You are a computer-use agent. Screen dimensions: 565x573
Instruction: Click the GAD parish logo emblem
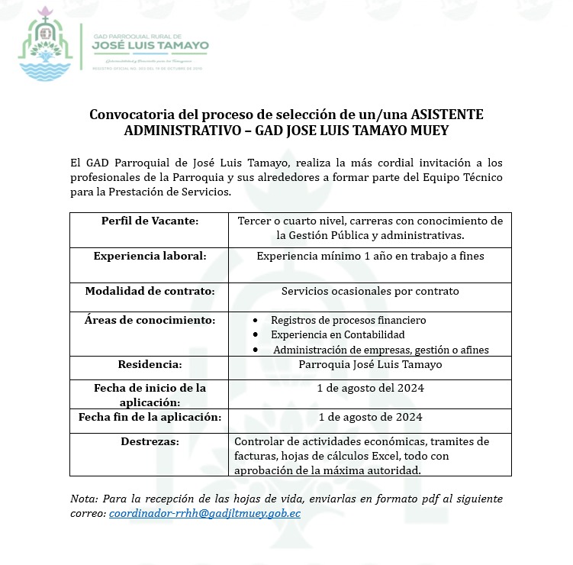(x=47, y=47)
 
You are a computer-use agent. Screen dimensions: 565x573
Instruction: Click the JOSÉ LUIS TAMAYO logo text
(x=150, y=46)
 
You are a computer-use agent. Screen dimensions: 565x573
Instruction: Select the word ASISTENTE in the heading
(x=443, y=115)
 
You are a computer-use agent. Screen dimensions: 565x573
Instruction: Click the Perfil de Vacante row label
(x=150, y=221)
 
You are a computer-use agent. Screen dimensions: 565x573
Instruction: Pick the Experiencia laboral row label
(x=150, y=256)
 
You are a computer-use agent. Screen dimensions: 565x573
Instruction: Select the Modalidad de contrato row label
(x=150, y=291)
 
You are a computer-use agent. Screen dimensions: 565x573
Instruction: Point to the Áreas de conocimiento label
(x=150, y=319)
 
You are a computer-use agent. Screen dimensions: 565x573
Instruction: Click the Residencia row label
(x=150, y=364)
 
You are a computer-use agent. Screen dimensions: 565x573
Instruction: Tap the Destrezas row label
(x=150, y=441)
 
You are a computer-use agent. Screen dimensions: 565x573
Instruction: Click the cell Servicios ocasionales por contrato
(x=370, y=291)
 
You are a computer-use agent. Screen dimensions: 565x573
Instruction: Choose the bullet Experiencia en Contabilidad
(x=337, y=334)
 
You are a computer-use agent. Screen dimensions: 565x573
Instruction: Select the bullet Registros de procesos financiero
(x=348, y=320)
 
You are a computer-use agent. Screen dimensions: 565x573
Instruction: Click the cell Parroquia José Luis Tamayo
(x=370, y=364)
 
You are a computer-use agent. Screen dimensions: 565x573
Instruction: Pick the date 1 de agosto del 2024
(x=370, y=388)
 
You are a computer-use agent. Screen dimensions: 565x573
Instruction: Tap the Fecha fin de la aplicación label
(x=150, y=417)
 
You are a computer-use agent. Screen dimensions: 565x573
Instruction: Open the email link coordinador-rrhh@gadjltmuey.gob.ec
(x=204, y=513)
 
